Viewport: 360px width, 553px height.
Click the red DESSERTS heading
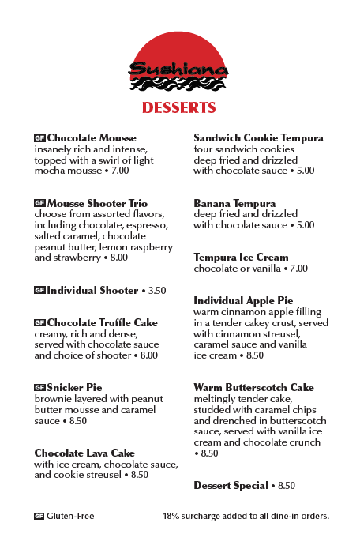[179, 107]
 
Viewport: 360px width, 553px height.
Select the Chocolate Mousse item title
[92, 138]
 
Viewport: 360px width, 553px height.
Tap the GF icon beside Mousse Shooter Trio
[39, 203]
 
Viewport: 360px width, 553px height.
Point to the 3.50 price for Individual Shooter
[157, 291]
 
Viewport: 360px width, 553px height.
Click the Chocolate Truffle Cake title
[102, 323]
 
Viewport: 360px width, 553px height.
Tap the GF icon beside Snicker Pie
[39, 388]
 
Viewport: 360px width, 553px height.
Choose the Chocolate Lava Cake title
[84, 453]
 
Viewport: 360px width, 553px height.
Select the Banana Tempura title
[234, 204]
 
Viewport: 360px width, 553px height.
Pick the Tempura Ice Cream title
[241, 258]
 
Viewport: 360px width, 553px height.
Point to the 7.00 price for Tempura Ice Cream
[298, 269]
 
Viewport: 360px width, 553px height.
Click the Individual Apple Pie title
[243, 301]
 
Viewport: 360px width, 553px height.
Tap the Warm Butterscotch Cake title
[253, 388]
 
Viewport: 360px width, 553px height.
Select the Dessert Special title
[231, 486]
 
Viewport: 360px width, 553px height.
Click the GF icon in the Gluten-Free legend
[39, 517]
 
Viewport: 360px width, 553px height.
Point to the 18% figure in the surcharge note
[171, 517]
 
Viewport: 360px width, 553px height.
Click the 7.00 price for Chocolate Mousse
[119, 171]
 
